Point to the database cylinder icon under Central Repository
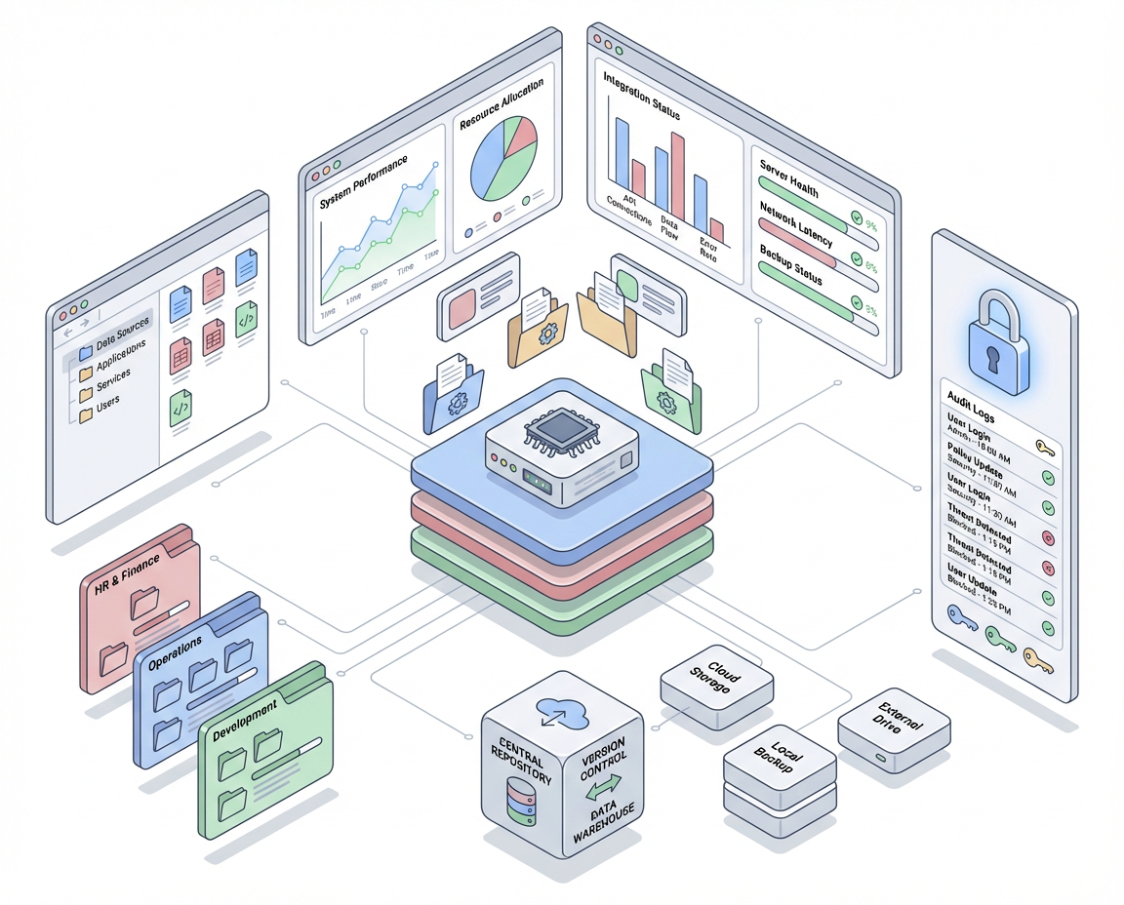[x=518, y=802]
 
